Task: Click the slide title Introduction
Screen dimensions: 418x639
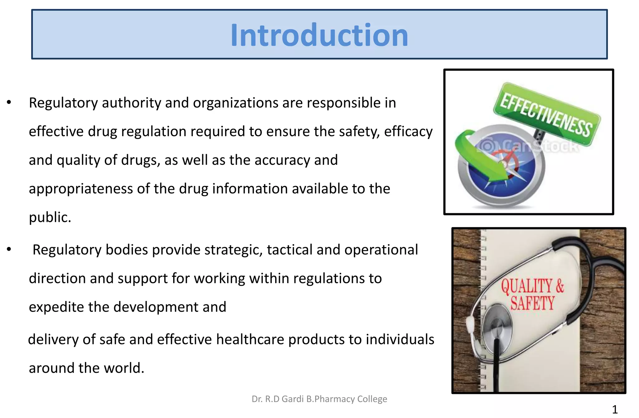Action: tap(319, 35)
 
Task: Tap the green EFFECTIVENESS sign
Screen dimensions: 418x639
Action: tap(546, 114)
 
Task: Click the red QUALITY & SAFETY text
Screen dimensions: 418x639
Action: tap(532, 294)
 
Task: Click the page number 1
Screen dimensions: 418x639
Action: tap(615, 409)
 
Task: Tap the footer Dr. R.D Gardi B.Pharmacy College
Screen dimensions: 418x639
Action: tap(319, 399)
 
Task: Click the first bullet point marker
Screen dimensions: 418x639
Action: tap(9, 102)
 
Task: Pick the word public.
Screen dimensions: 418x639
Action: tap(50, 217)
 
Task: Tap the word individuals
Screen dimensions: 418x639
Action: tap(400, 339)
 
